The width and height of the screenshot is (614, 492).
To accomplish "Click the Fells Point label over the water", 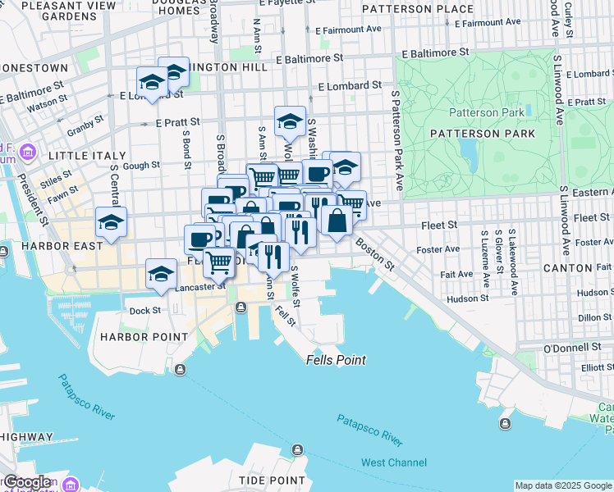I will click(x=336, y=360).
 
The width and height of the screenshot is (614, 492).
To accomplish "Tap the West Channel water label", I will click(x=396, y=462).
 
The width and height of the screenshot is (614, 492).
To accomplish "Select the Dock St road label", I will click(x=144, y=311).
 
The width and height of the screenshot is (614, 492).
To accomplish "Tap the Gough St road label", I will click(x=141, y=166).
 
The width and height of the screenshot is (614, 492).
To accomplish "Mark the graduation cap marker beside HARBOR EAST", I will click(x=111, y=221).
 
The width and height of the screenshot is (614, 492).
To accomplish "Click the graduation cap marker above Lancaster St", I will click(x=162, y=273).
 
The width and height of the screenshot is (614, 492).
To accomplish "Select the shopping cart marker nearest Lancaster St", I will click(x=219, y=262).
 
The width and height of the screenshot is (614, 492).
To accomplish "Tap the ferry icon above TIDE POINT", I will click(x=297, y=449).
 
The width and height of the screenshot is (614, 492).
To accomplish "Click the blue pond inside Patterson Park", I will click(x=469, y=149).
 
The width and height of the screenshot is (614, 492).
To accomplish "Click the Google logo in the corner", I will click(x=27, y=482).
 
